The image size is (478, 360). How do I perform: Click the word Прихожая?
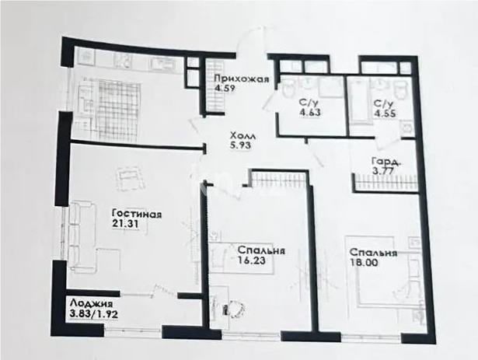pos(242,77)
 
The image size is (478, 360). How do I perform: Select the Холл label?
pos(239,134)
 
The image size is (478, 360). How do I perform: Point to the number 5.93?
pos(239,145)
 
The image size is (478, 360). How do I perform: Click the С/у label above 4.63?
pos(307,101)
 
